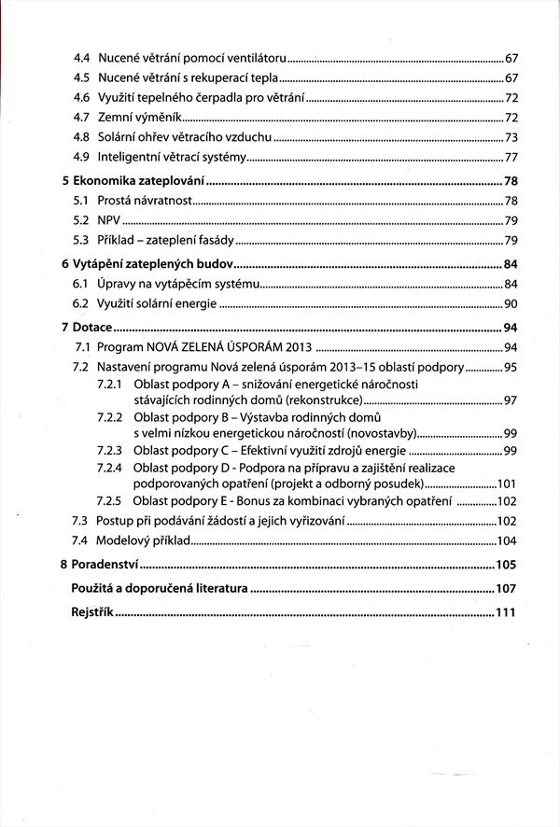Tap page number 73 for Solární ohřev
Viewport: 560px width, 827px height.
tap(511, 137)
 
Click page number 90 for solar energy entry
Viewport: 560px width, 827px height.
tap(511, 304)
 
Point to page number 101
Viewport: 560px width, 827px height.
tap(507, 484)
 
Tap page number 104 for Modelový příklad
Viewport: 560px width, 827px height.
tap(507, 541)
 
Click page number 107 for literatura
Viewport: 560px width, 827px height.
tap(506, 589)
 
